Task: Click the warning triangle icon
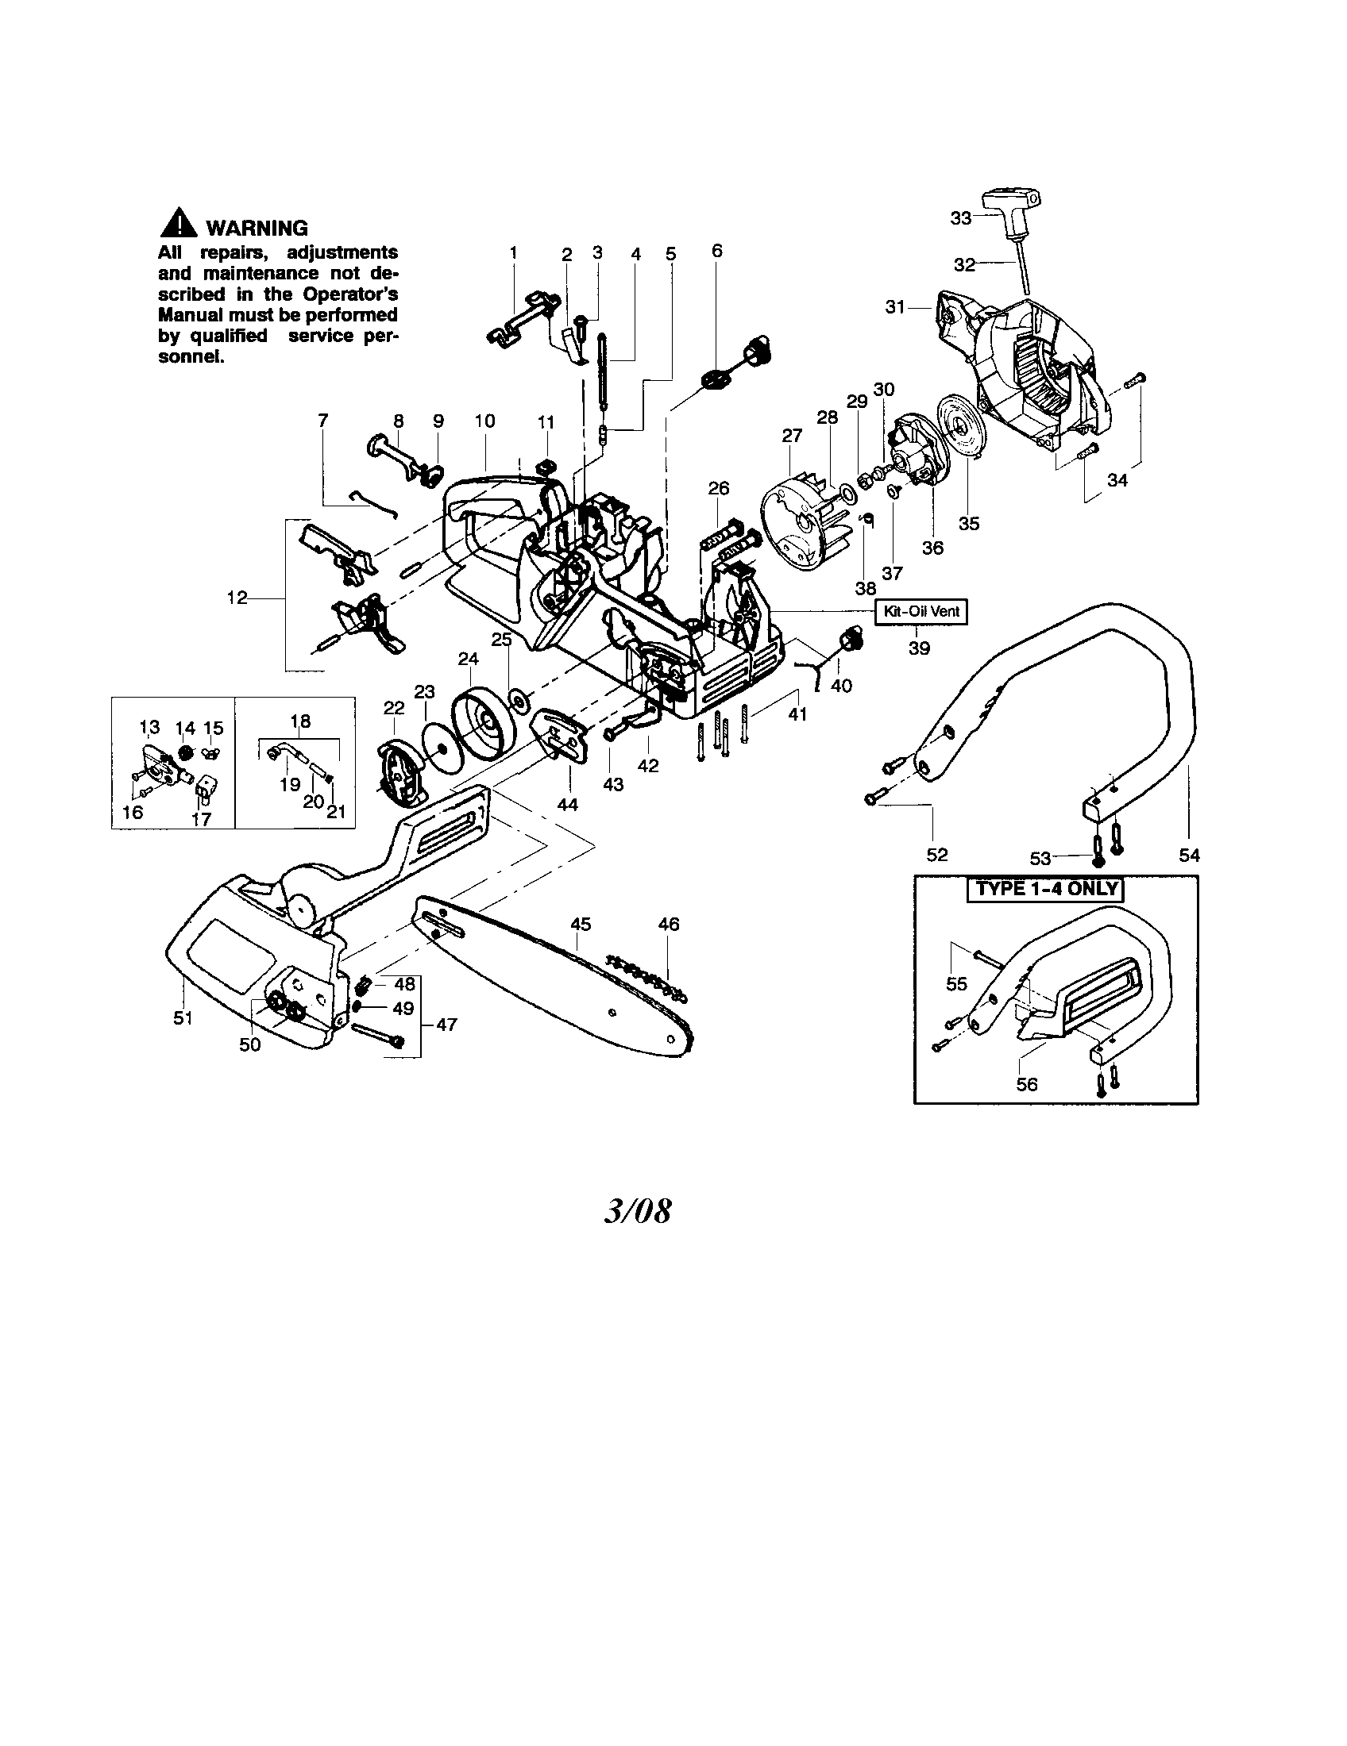pos(178,223)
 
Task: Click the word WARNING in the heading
pos(257,228)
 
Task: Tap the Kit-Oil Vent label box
pos(921,613)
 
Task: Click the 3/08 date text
pos(638,1212)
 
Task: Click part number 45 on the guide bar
pos(581,924)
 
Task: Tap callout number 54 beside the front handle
pos(1190,856)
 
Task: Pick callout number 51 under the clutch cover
pos(183,1018)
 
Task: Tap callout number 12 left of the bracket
pos(237,598)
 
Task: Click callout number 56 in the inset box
pos(1026,1084)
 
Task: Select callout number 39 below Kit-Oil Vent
pos(919,648)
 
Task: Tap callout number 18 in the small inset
pos(300,721)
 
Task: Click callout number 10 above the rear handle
pos(484,421)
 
